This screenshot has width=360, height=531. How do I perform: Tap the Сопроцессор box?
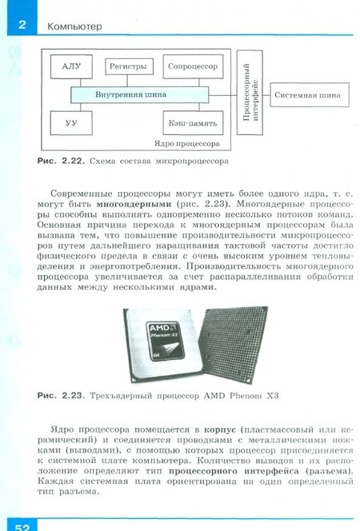[x=193, y=67]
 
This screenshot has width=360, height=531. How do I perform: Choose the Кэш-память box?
[x=193, y=123]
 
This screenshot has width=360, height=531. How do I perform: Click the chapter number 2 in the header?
[x=22, y=26]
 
